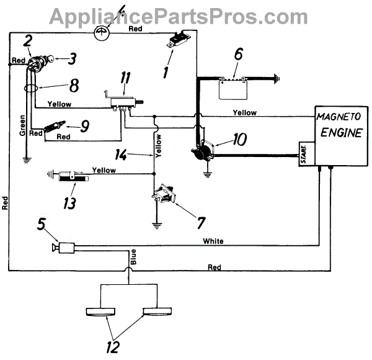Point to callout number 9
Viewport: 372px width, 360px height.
[x=84, y=125]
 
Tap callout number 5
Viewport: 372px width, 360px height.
[x=40, y=224]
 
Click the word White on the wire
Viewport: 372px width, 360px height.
[x=213, y=240]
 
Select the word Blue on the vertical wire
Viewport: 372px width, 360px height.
[x=133, y=254]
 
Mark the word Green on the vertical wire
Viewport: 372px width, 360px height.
[x=22, y=124]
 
